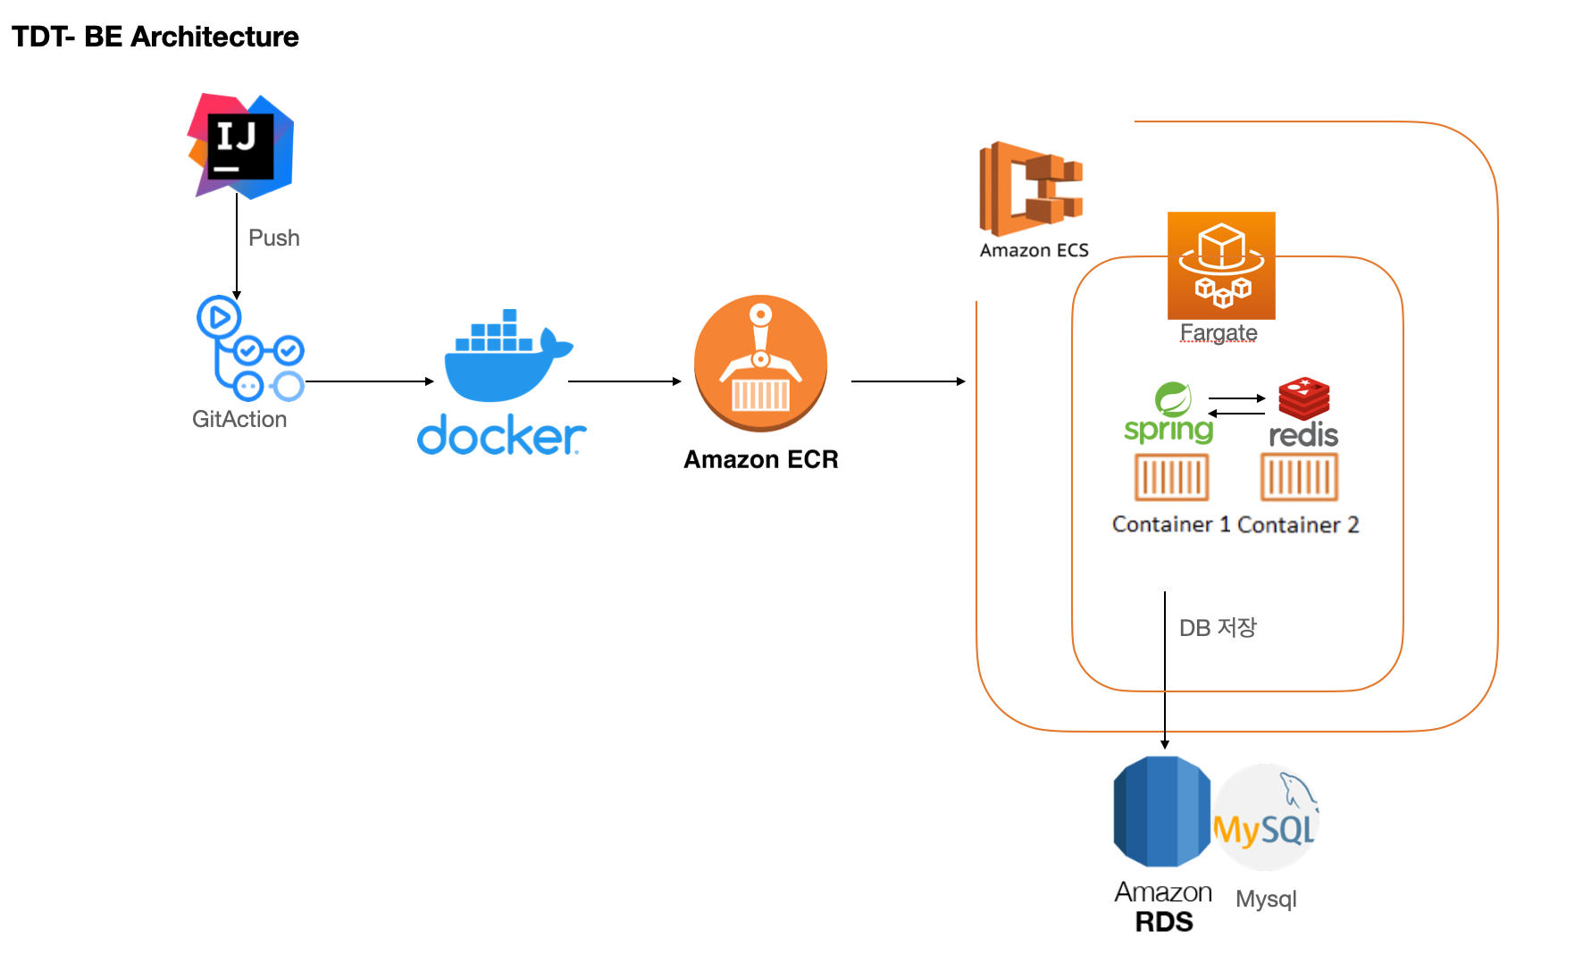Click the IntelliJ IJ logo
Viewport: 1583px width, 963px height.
pos(240,146)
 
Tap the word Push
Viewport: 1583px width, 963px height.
pos(273,238)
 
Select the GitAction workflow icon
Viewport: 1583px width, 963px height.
pos(250,348)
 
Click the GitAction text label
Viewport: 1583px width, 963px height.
pos(239,419)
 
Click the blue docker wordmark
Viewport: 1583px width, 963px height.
pos(501,435)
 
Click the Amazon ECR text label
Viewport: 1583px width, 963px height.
pos(760,459)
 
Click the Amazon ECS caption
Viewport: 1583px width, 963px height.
pos(1034,250)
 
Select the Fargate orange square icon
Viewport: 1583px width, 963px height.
pos(1221,265)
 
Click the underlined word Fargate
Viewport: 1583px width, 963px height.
pos(1218,332)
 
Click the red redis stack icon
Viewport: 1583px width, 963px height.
pos(1303,398)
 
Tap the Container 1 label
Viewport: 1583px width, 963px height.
pos(1170,524)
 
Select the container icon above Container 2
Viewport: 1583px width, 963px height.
pos(1299,477)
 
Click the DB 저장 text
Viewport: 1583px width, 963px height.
pos(1217,627)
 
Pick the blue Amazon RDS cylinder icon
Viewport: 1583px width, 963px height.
pos(1161,811)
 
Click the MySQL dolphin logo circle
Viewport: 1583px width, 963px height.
pos(1265,816)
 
